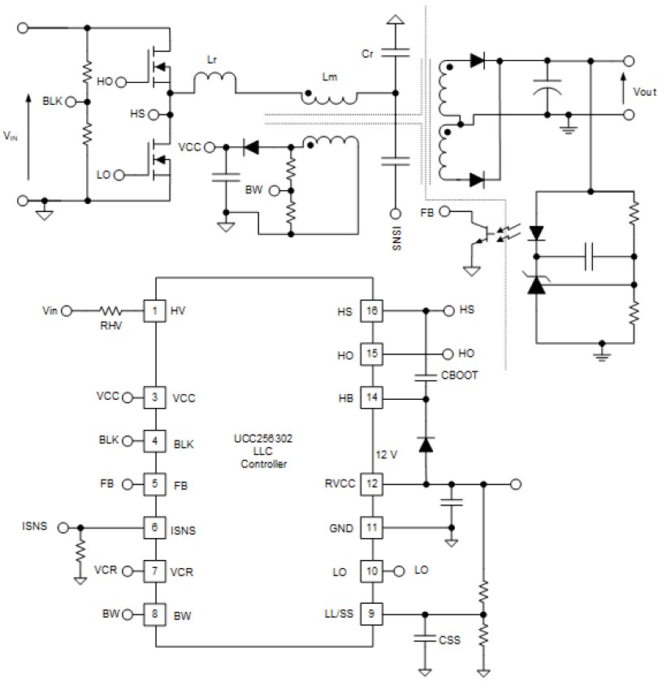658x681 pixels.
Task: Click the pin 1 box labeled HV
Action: click(154, 310)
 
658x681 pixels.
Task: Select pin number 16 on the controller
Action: click(371, 310)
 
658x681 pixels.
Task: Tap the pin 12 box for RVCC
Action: click(371, 484)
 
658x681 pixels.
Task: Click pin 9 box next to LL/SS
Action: click(371, 614)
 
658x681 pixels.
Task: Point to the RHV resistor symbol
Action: click(110, 310)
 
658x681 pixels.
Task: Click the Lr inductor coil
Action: click(214, 80)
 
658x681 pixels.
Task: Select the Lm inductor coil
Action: click(330, 99)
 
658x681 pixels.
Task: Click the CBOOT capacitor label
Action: click(459, 376)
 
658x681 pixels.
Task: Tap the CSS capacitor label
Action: click(448, 640)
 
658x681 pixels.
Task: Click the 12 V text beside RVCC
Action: click(387, 454)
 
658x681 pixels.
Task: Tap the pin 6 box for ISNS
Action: click(154, 527)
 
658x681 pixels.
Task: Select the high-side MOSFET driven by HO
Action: click(160, 68)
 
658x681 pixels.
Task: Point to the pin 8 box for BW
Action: click(154, 614)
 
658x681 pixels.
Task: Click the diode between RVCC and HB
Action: click(425, 444)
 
